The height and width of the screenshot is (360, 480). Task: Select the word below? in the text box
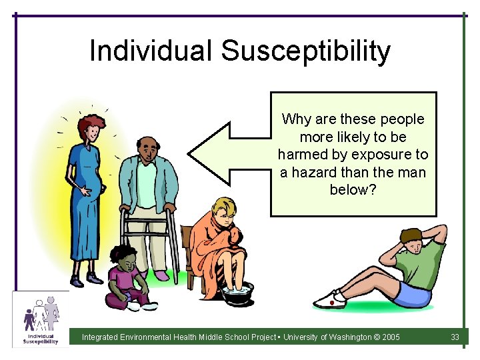point(353,189)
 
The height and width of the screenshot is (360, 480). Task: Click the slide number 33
point(455,337)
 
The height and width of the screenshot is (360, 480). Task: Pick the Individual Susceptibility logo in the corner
point(41,319)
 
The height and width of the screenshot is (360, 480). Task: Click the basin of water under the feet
point(237,293)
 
